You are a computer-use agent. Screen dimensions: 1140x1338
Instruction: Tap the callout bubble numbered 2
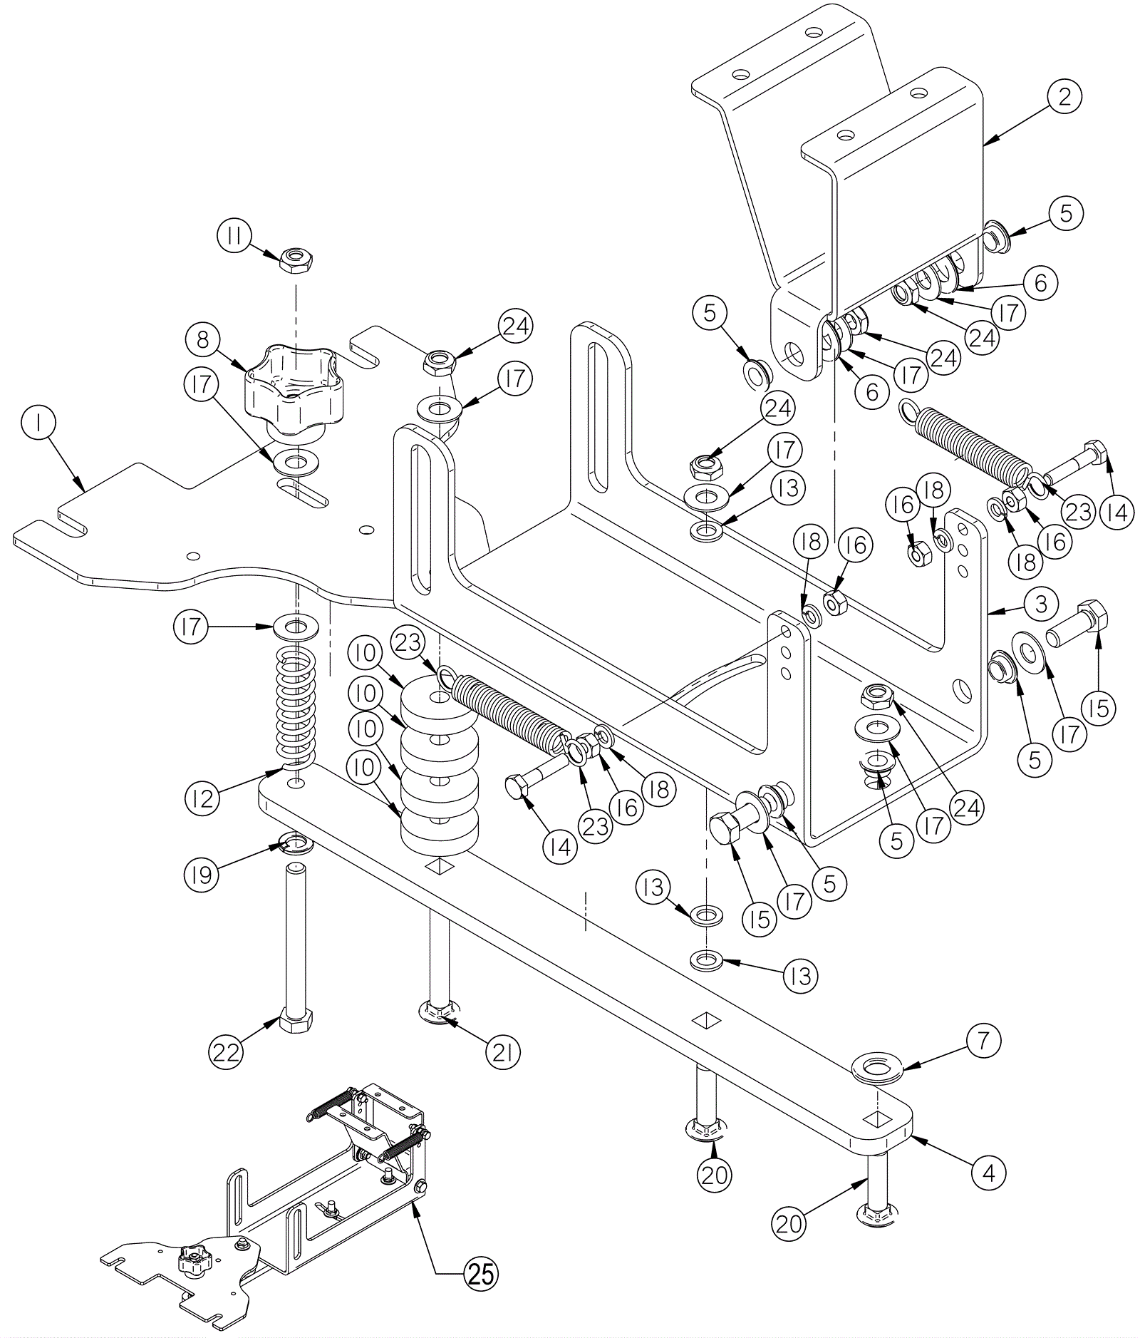(1064, 98)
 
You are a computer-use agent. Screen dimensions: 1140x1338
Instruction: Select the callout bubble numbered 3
(1041, 604)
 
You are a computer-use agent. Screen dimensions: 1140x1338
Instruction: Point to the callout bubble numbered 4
(988, 1172)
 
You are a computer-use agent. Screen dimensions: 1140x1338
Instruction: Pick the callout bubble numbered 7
(983, 1042)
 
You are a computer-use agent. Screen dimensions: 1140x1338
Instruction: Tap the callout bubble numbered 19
(203, 875)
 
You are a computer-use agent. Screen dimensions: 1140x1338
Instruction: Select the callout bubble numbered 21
(503, 1052)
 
